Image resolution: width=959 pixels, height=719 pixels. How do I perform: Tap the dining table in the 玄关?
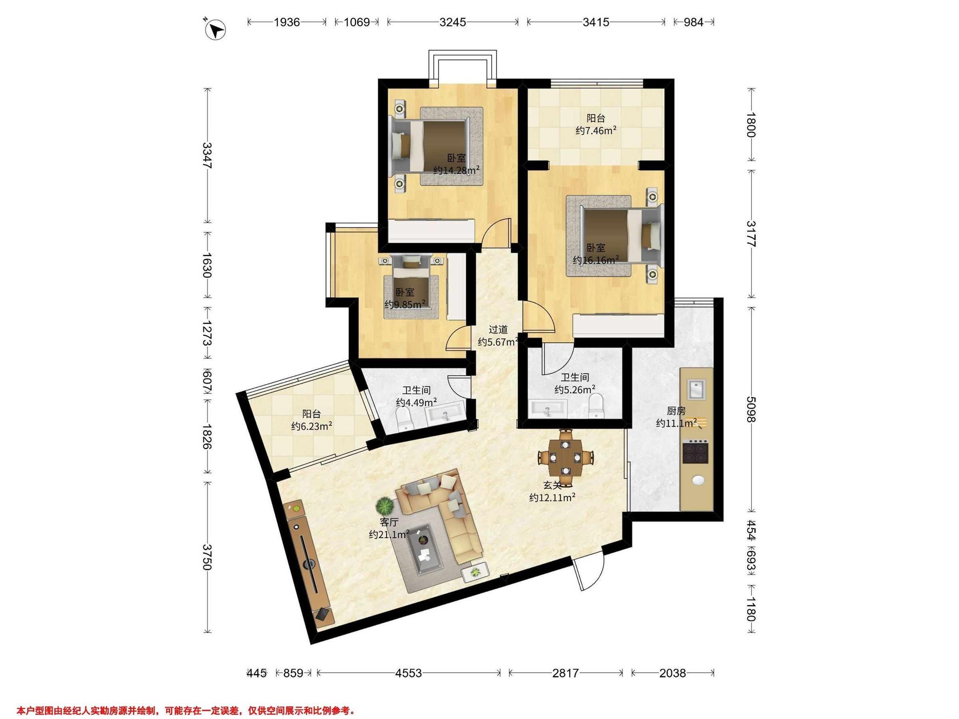pyautogui.click(x=565, y=457)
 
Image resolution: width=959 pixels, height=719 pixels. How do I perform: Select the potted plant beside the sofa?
pyautogui.click(x=384, y=505)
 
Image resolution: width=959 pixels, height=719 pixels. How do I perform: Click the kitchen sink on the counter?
pyautogui.click(x=696, y=389)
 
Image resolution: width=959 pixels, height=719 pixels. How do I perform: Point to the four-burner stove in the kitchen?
pyautogui.click(x=696, y=452)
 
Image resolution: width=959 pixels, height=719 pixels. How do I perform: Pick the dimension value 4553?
pyautogui.click(x=408, y=673)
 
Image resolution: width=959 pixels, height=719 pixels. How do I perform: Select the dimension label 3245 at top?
pyautogui.click(x=452, y=22)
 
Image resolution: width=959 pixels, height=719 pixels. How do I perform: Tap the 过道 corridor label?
pyautogui.click(x=498, y=330)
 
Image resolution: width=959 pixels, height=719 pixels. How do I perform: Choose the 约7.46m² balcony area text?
pyautogui.click(x=596, y=131)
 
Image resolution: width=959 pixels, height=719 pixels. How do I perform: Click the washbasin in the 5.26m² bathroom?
pyautogui.click(x=548, y=409)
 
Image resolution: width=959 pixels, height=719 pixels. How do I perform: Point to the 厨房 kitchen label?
pyautogui.click(x=676, y=411)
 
